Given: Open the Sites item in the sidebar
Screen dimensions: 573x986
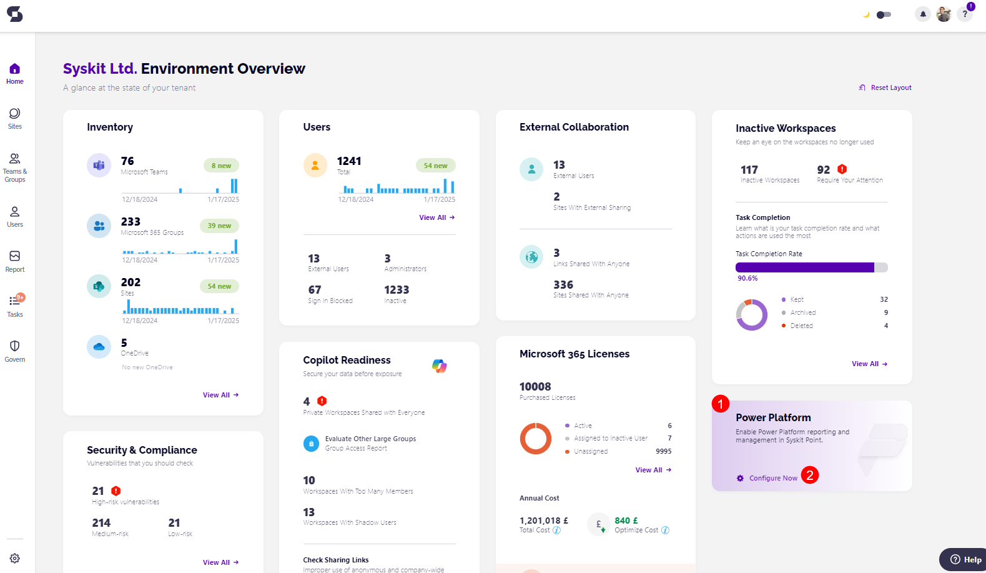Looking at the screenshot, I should pos(14,118).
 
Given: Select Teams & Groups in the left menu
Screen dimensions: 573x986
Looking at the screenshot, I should pos(14,167).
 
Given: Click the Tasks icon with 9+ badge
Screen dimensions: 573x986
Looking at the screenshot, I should pos(15,306).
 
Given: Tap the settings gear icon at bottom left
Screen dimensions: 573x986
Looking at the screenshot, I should pos(14,558).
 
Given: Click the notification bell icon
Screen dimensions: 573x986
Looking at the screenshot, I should pos(922,14).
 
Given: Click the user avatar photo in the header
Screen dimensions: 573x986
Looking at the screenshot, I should pos(944,14).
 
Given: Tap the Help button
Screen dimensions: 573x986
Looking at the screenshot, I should pos(965,559).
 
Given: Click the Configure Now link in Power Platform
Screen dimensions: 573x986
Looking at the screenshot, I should pos(773,478).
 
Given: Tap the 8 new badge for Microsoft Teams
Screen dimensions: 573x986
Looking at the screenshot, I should pos(221,166).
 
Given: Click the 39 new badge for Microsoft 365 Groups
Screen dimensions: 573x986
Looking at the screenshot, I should pos(219,226).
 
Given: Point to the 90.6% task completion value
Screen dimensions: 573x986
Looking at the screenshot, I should pos(747,278).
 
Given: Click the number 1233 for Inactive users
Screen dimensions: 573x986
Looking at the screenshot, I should pos(397,290).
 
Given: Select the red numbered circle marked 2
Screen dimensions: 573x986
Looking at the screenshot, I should pos(809,475).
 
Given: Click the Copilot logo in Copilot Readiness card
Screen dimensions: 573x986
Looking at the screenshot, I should pos(440,366).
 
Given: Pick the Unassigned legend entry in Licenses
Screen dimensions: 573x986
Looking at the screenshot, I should pos(591,451).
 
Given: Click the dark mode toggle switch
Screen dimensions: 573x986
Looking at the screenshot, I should pos(884,14).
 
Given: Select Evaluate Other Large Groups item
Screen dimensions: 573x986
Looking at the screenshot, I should pos(370,439).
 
